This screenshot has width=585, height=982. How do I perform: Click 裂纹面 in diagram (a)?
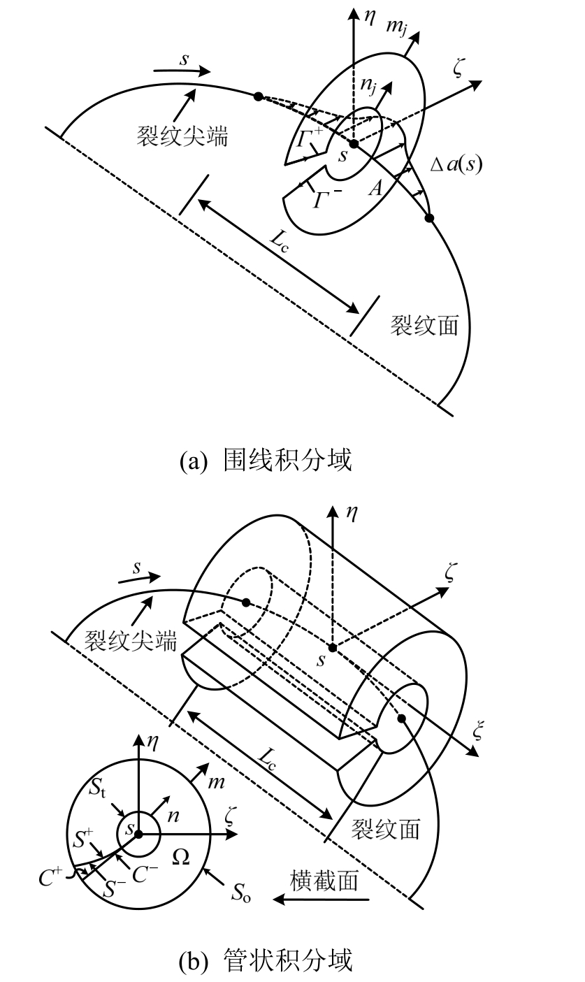[x=425, y=326]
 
